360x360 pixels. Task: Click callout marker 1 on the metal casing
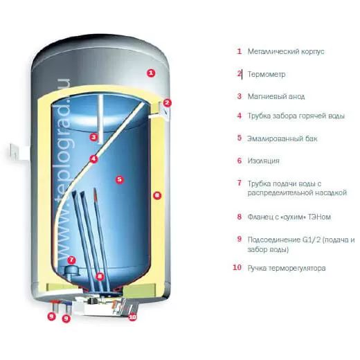click(x=151, y=73)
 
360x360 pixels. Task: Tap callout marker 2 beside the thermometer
click(x=168, y=102)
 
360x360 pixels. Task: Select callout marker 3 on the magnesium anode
click(x=93, y=137)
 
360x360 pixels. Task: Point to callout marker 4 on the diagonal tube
click(x=93, y=159)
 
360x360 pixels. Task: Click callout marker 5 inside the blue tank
click(x=119, y=179)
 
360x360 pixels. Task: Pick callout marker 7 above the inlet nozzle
click(x=71, y=260)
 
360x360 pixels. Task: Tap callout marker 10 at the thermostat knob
click(x=132, y=317)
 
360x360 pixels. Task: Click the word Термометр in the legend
click(x=267, y=75)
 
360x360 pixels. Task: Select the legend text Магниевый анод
click(x=276, y=96)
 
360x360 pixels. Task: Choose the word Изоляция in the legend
click(x=264, y=161)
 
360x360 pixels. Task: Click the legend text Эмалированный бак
click(x=282, y=138)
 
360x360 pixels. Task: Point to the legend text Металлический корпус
click(x=286, y=51)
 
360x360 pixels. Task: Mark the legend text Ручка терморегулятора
click(x=287, y=269)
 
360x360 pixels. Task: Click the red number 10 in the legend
click(x=237, y=267)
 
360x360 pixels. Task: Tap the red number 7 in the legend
click(x=240, y=183)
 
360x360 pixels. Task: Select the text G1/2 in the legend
click(x=312, y=240)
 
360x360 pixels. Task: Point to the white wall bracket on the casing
click(x=18, y=152)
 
